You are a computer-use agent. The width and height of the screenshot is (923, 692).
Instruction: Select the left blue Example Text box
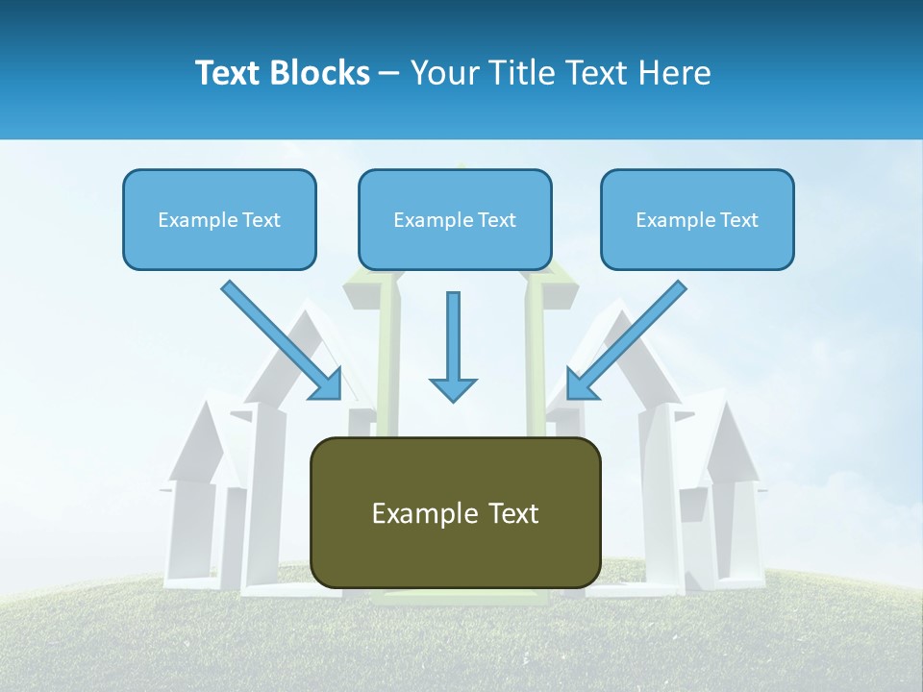click(x=219, y=219)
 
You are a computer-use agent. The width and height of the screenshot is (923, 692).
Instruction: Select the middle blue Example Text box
click(x=455, y=219)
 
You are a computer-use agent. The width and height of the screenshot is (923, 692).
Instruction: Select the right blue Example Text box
click(x=697, y=219)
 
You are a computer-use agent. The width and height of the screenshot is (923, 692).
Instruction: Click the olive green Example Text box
click(x=455, y=512)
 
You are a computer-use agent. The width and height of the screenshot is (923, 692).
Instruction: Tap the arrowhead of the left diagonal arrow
click(x=327, y=384)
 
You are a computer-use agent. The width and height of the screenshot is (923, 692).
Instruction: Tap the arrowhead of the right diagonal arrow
click(x=582, y=384)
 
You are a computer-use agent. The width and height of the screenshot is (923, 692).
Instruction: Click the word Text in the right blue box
click(x=738, y=220)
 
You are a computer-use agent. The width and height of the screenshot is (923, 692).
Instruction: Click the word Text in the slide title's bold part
click(x=227, y=73)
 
